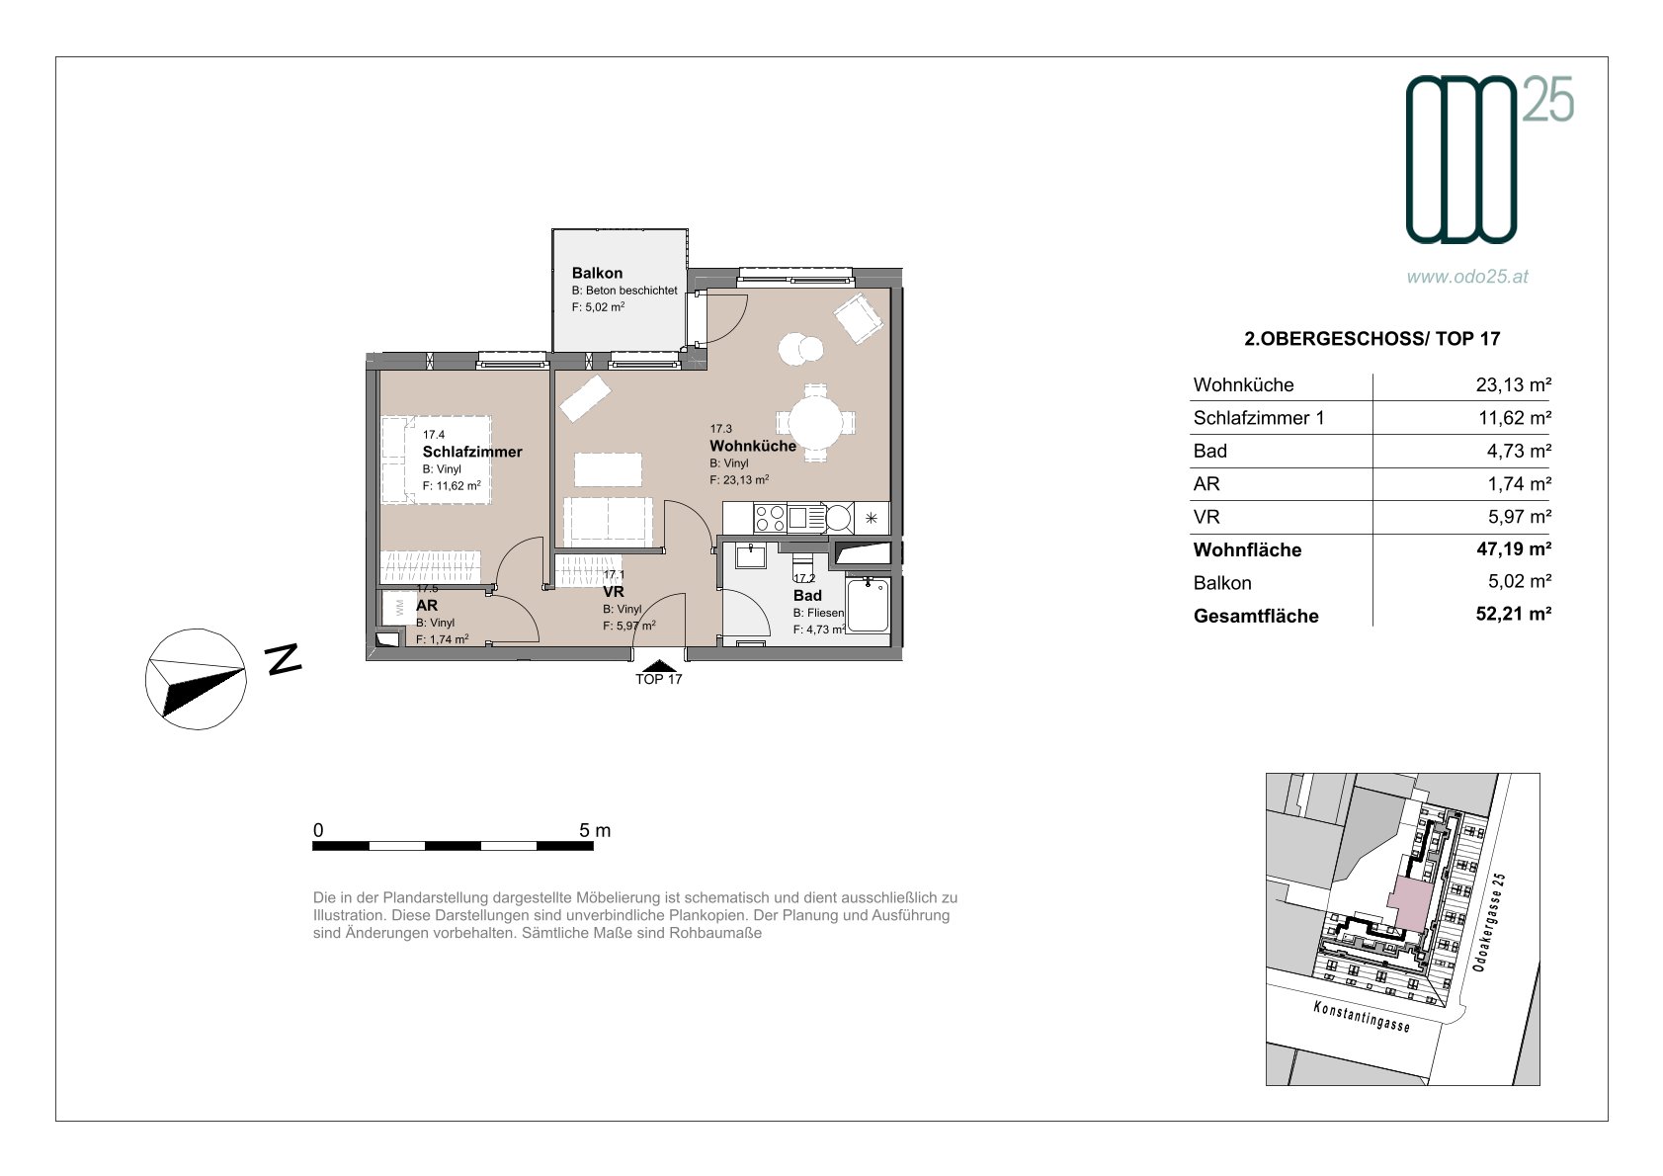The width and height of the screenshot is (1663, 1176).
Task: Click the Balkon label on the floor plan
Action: coord(597,273)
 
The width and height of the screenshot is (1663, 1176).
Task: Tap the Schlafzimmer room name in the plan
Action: coord(472,452)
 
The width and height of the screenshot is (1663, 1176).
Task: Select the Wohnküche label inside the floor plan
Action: coord(753,446)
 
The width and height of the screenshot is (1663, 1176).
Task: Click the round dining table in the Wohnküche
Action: coord(815,422)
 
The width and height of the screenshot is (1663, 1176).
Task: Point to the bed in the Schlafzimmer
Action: coord(436,461)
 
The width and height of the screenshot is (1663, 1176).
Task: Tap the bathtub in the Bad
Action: coord(868,606)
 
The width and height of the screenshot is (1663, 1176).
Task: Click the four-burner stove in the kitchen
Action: coord(770,518)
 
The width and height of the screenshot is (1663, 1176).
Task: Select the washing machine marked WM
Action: coord(399,608)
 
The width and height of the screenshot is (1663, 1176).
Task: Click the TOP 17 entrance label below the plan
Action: coord(658,679)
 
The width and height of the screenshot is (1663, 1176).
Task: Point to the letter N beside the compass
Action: coord(284,658)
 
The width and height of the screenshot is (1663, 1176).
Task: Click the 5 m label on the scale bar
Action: coord(595,830)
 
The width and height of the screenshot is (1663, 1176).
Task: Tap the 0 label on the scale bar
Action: coord(318,830)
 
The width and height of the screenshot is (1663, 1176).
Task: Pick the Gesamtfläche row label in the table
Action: coord(1256,616)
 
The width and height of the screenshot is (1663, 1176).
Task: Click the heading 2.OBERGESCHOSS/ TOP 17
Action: coord(1372,339)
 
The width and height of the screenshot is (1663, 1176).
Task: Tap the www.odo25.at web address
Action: coord(1467,277)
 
